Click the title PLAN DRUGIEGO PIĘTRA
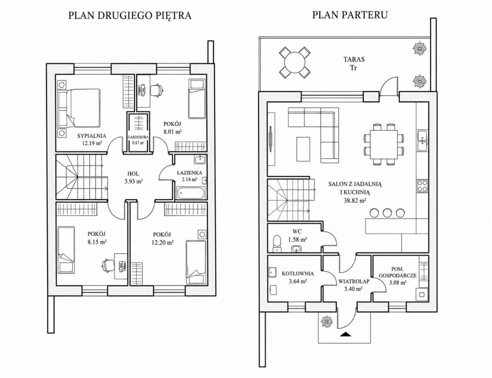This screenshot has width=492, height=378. pos(130,16)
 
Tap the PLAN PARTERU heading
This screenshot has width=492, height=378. pos(350,15)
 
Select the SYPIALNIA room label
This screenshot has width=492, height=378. pos(91,136)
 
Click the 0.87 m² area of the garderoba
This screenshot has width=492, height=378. pos(138,143)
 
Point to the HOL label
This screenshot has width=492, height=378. pos(133,173)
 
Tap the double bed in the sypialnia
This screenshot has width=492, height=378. pos(79,108)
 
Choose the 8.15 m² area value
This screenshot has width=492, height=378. pos(97,242)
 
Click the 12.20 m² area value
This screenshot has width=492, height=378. pos(163,242)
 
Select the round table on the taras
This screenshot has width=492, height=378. pos(294,62)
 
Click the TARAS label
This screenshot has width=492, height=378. pos(354,59)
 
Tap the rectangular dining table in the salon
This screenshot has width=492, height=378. pos(384,145)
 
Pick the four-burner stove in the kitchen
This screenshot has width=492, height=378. pos(422,186)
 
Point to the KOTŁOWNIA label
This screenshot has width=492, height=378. pos(298,273)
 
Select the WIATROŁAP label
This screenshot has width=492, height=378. pos(354,281)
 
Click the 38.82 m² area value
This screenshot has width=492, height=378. pos(355,200)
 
